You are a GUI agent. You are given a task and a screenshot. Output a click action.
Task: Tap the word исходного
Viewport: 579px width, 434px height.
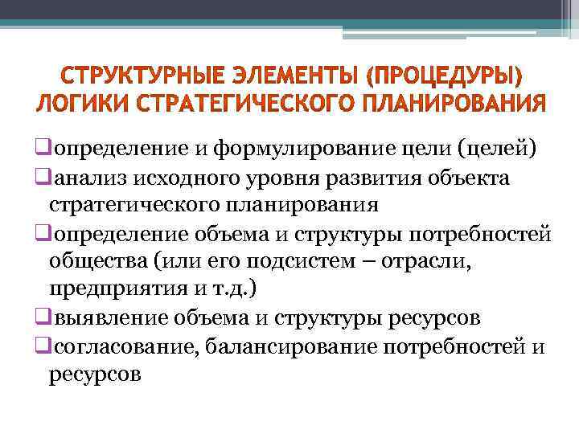[186, 176]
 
